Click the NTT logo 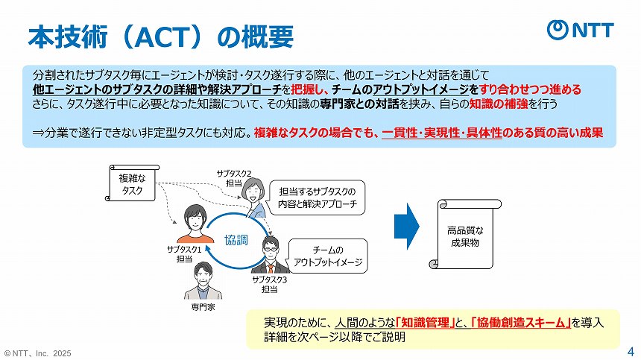(581, 30)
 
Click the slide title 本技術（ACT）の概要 (160, 35)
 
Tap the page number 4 (631, 350)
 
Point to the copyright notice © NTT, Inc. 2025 (38, 353)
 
